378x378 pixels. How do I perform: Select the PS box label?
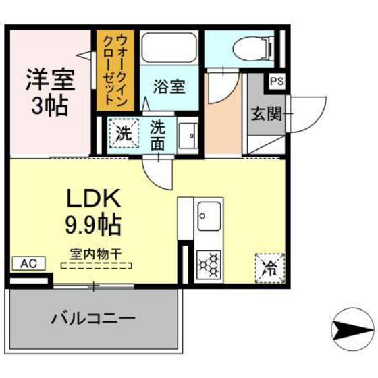(x=278, y=81)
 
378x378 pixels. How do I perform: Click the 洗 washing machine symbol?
(x=123, y=133)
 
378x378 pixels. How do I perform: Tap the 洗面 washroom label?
(x=157, y=134)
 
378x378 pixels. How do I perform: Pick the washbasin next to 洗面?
(x=190, y=136)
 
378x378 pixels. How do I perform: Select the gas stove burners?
(x=209, y=264)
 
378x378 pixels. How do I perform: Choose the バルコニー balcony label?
(x=93, y=318)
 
